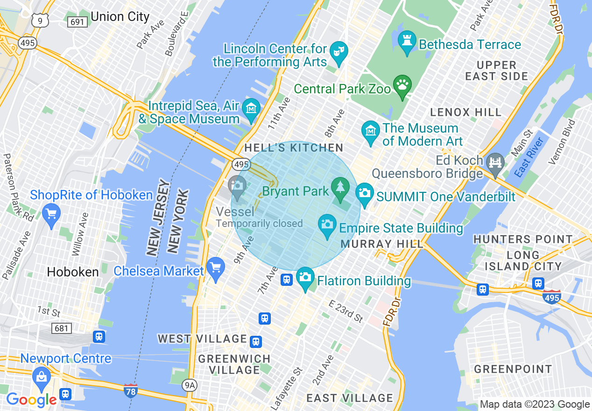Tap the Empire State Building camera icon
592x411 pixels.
[327, 223]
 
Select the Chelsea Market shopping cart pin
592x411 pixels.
[216, 268]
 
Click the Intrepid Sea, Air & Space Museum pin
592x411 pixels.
[252, 108]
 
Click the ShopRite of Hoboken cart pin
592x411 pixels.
[51, 214]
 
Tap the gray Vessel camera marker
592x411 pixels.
[237, 186]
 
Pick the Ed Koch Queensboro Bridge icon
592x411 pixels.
[495, 163]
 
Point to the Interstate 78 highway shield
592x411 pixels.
[131, 390]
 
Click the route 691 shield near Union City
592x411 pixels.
[76, 21]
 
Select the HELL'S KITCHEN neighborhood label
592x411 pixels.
[294, 148]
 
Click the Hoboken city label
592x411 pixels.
[73, 272]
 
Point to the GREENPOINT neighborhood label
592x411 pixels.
[513, 369]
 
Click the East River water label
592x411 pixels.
[529, 157]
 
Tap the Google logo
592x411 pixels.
[31, 400]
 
